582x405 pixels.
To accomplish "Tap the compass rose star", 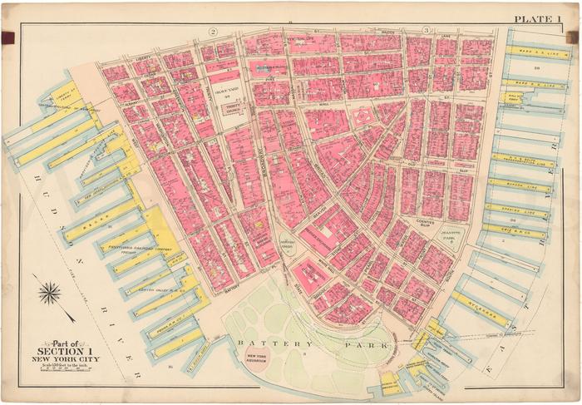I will coord(49,293).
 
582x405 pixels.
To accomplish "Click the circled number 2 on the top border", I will coord(213,31).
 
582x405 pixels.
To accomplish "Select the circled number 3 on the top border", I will coord(425,31).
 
